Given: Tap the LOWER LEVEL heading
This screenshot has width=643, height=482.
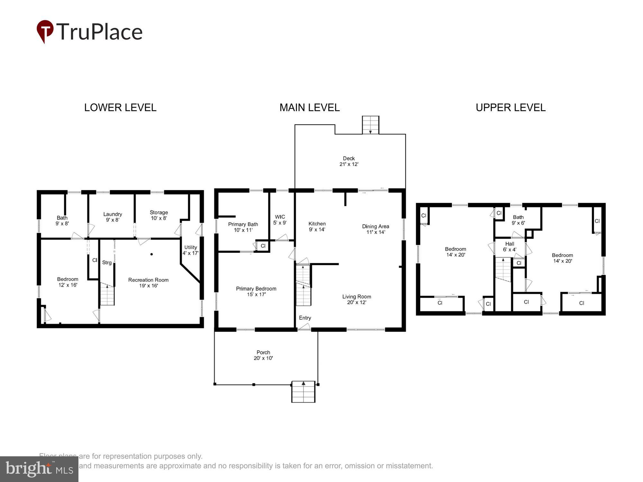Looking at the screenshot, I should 120,107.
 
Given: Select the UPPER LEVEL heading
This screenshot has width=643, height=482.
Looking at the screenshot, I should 511,107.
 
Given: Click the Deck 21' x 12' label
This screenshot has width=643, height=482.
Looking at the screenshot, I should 349,161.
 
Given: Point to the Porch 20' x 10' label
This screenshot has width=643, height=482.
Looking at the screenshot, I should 263,355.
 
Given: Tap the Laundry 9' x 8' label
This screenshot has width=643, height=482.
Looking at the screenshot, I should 113,217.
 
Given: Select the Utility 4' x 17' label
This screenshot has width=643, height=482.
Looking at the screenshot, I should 191,250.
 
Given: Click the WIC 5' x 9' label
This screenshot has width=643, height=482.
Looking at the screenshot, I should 280,219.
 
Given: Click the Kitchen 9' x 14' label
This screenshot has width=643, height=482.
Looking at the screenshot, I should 317,226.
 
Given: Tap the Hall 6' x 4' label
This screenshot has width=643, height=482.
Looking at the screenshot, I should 510,246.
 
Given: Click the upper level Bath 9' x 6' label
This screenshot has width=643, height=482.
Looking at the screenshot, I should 518,220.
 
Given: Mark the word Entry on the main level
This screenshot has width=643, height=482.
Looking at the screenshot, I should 305,318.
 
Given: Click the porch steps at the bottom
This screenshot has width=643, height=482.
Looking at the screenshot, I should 303,392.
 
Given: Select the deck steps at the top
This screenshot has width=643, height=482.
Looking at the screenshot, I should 371,125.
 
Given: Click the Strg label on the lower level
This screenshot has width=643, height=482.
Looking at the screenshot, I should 107,263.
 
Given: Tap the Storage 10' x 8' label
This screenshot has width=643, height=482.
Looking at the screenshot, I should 159,215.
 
